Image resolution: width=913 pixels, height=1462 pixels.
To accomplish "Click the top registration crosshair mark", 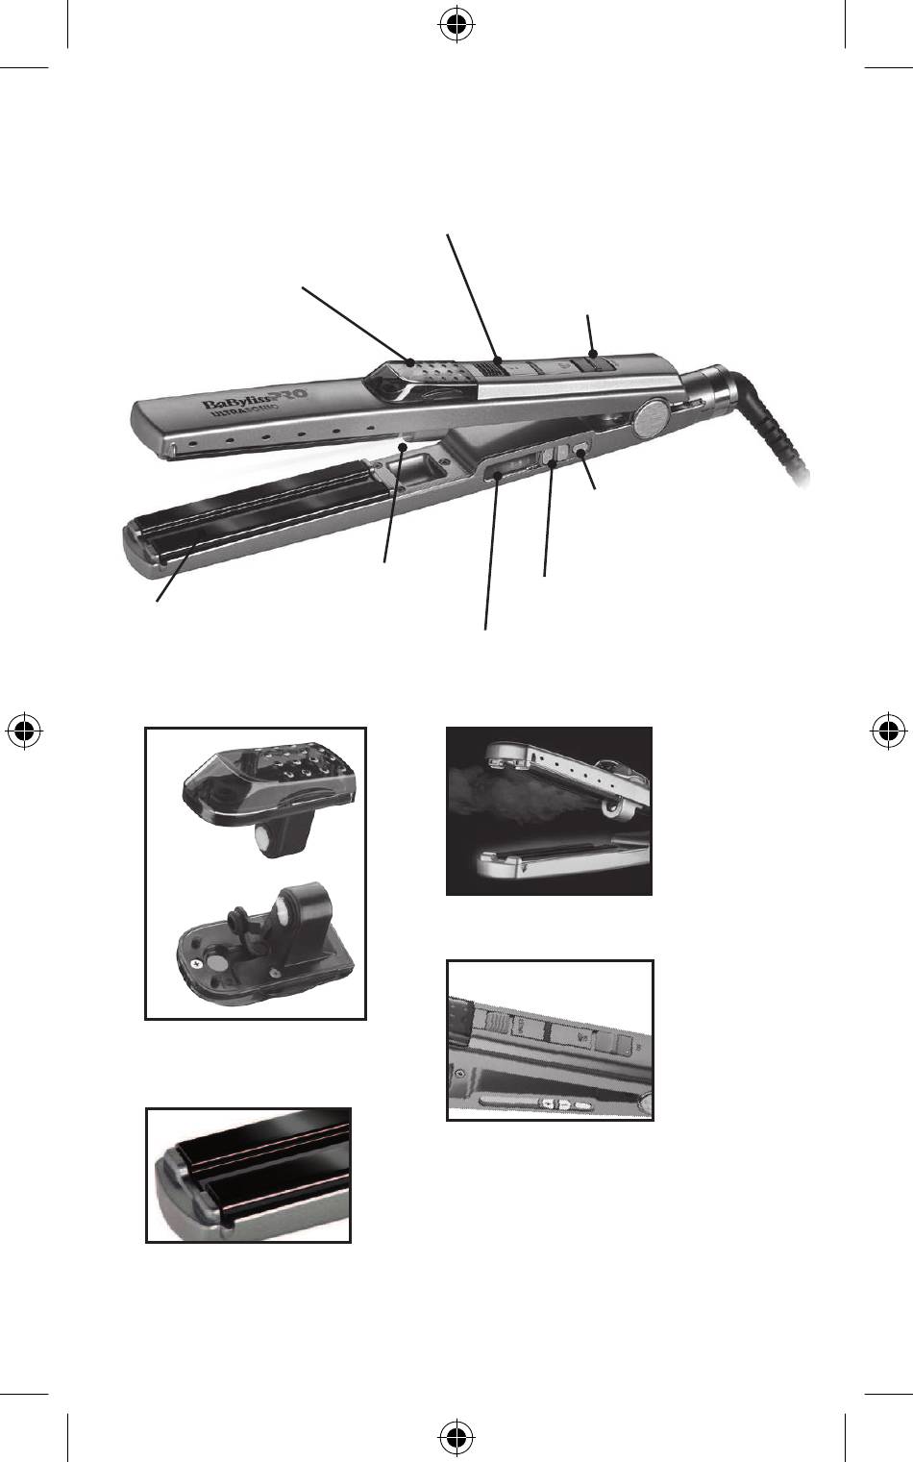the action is (456, 25).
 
